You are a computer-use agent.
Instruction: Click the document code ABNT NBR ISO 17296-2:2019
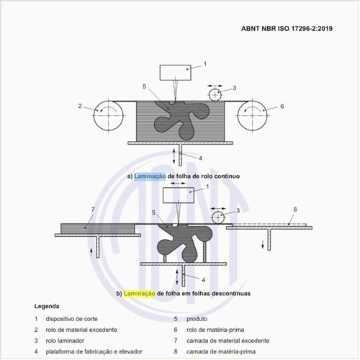point(287,29)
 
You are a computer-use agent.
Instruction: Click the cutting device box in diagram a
point(176,73)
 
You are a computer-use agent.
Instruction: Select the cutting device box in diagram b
point(179,195)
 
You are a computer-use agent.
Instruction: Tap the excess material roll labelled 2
point(109,116)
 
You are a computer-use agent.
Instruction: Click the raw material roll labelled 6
point(253,116)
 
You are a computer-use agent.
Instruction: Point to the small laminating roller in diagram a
point(215,95)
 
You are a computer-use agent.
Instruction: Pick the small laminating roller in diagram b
point(218,217)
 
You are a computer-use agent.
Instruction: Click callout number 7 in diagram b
point(93,210)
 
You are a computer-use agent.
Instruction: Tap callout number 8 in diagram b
point(295,210)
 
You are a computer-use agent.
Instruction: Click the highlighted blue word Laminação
point(150,176)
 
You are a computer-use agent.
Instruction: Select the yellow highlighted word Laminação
point(140,294)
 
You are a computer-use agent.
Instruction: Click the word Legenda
point(47,306)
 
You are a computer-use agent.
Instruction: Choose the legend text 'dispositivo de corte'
point(72,319)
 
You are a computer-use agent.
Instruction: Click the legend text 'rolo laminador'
point(65,341)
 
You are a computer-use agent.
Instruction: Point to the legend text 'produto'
point(197,319)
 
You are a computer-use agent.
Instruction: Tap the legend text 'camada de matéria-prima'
point(221,351)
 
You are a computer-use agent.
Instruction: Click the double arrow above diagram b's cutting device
point(178,184)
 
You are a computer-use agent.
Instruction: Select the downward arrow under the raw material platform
point(263,244)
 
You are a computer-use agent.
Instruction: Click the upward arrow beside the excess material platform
point(91,253)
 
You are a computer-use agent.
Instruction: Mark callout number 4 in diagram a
point(200,158)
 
